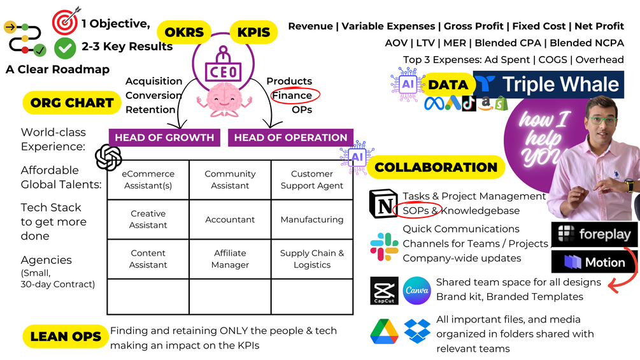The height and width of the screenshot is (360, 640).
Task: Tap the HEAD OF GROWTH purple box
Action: point(164,138)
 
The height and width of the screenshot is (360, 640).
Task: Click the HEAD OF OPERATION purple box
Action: point(290,138)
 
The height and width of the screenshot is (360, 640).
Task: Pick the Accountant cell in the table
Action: point(230,219)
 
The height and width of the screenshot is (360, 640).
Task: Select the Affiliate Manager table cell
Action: point(230,259)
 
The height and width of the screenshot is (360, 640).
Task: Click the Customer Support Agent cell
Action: point(312,180)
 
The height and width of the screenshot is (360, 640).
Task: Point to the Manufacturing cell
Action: point(312,219)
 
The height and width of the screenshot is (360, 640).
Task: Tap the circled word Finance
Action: point(292,96)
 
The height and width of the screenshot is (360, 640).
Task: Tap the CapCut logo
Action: point(384,291)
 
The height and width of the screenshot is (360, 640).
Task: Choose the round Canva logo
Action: point(417,291)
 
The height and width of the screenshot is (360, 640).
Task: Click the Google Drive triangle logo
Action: point(384,331)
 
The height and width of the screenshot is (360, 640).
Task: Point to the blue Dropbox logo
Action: point(417,331)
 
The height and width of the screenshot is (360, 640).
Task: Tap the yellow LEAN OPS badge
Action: point(66,336)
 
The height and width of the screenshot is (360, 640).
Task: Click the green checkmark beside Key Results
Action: point(65,47)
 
